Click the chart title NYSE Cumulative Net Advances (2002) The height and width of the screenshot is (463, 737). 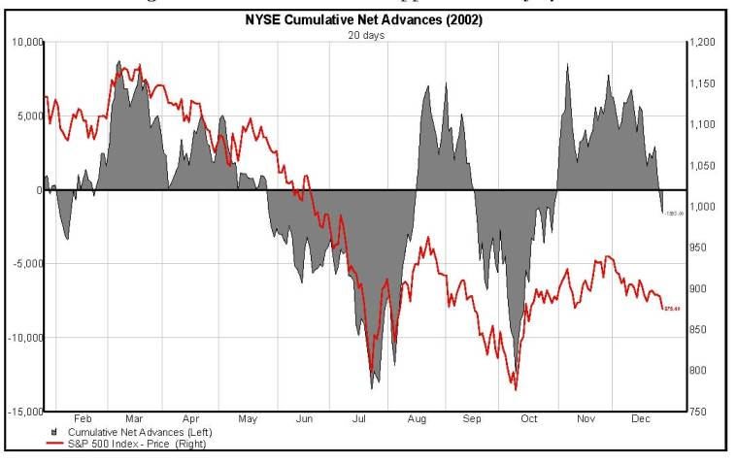coord(367,21)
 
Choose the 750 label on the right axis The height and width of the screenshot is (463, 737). coord(701,412)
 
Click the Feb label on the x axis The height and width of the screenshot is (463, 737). coord(84,419)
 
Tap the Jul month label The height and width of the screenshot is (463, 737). coord(358,419)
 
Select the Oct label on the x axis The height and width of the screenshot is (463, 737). coord(528,419)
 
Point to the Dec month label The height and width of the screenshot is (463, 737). coord(642,419)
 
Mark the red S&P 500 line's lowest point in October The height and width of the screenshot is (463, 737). coord(516,389)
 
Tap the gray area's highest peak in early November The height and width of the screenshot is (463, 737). coord(567,65)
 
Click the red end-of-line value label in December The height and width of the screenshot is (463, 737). coord(671,309)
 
